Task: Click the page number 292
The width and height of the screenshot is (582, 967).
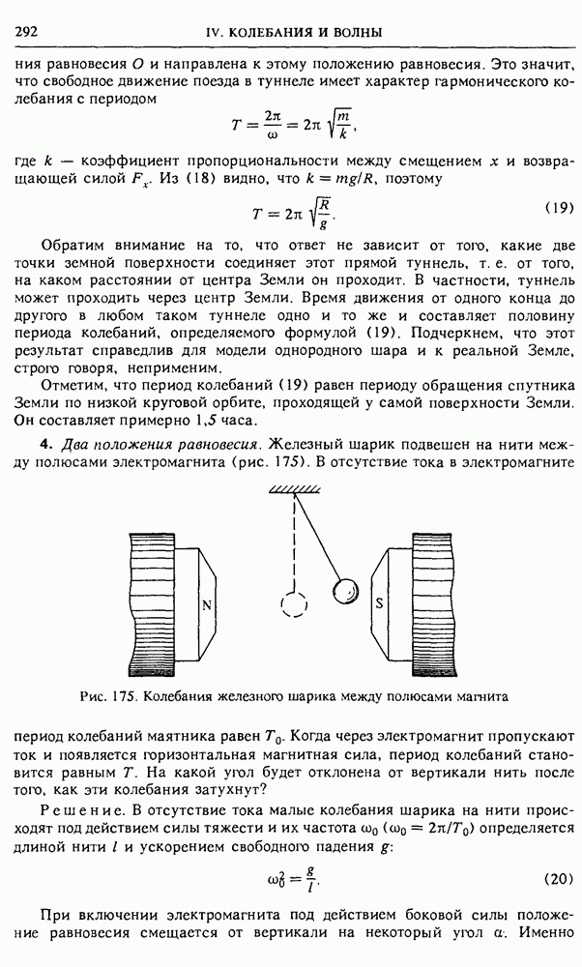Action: pyautogui.click(x=26, y=33)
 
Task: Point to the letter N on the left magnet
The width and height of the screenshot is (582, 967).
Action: pyautogui.click(x=207, y=605)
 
